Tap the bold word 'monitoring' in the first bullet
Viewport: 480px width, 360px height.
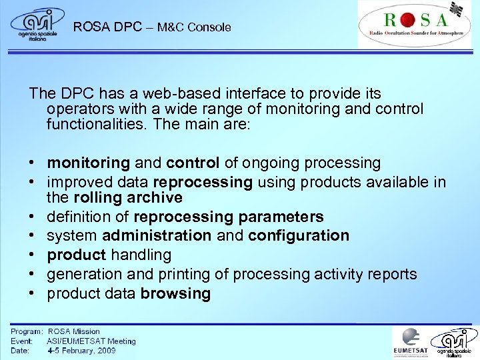pos(88,163)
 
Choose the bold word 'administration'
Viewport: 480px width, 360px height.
pos(157,235)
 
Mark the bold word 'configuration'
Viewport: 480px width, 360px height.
pos(298,235)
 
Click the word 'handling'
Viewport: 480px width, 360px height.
pos(140,255)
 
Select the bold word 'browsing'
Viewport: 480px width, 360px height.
pos(175,293)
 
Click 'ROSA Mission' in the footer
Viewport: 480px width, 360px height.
pos(73,331)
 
